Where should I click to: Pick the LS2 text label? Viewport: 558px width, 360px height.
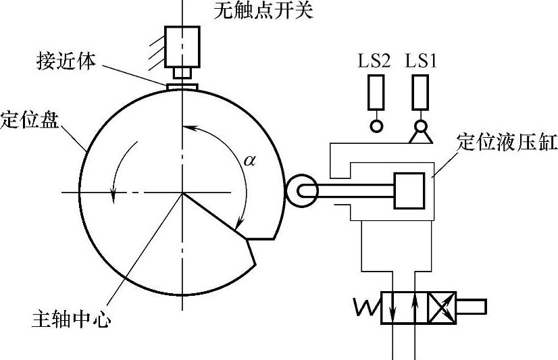374,61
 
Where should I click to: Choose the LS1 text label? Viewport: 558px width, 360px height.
421,61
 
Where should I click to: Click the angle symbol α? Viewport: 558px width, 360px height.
250,161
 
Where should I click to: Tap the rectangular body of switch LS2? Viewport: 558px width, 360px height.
376,93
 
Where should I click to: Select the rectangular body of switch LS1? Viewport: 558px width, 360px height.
421,93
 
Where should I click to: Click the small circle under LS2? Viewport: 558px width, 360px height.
376,126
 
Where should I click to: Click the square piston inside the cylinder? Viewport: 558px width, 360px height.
409,190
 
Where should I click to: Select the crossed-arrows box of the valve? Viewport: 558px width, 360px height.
443,307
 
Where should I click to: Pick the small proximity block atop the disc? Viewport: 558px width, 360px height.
181,85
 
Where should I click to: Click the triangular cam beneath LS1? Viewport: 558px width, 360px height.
421,138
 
